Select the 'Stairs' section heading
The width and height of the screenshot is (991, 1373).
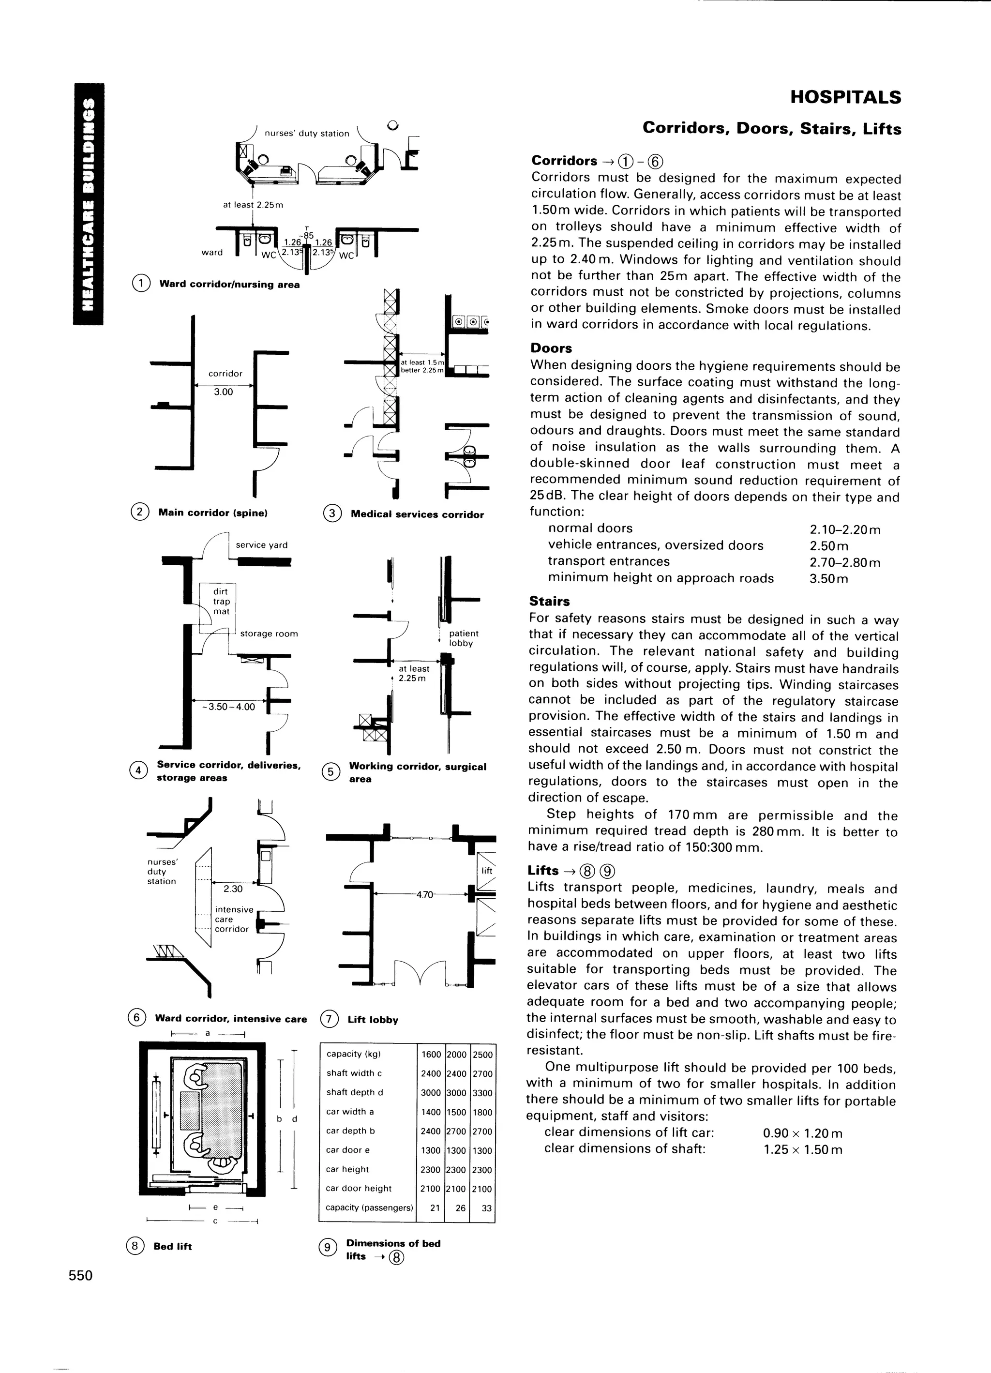(x=549, y=601)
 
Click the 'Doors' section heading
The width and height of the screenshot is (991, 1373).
(x=551, y=348)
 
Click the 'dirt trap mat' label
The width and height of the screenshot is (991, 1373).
(x=221, y=601)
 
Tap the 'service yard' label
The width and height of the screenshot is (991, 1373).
(x=261, y=545)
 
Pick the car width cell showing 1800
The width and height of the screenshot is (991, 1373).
(x=482, y=1112)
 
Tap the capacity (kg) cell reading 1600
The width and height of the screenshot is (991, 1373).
(x=431, y=1055)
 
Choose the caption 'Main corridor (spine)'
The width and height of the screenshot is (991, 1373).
(x=212, y=513)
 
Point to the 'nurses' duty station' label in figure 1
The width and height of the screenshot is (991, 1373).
(x=306, y=133)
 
